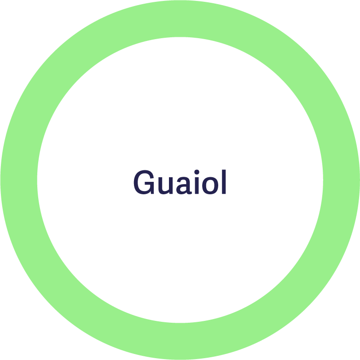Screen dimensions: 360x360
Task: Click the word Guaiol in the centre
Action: pos(180,183)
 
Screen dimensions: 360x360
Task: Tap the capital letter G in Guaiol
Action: pos(143,183)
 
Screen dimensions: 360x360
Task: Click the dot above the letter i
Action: pos(196,172)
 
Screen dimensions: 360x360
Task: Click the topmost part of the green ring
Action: pos(180,18)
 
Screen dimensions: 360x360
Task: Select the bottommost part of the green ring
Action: pos(180,342)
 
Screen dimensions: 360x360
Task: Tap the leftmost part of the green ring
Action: pos(18,180)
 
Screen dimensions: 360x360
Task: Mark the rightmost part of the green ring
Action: pos(342,180)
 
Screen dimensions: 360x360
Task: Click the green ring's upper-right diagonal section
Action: pos(294,66)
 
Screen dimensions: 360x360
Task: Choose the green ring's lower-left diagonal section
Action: pos(66,294)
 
